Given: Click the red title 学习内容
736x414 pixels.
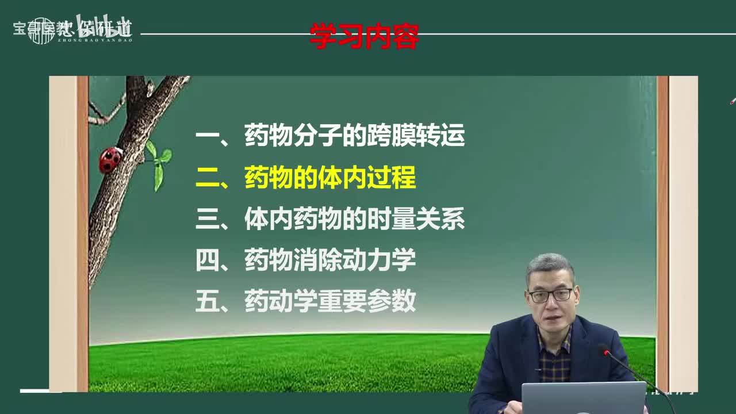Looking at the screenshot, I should [x=364, y=36].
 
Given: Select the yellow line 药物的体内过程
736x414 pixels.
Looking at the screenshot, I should [x=329, y=178].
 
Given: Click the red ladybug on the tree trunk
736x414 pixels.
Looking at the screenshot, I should [x=110, y=159].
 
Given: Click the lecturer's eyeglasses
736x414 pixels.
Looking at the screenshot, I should [x=550, y=295].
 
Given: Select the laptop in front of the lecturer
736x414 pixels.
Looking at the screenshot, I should [x=583, y=398].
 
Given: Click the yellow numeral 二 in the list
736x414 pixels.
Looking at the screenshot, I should [x=208, y=178].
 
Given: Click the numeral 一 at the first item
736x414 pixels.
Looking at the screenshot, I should [x=208, y=137].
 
